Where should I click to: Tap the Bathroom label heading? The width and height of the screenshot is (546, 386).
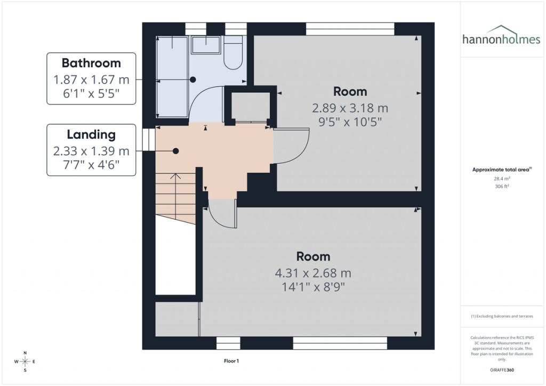(91, 63)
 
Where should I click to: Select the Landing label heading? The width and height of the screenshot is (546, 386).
(91, 134)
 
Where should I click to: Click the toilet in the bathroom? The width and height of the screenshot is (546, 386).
(234, 53)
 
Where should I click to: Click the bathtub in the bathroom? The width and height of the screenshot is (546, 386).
(172, 77)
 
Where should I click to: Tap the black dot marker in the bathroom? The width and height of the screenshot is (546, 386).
(193, 79)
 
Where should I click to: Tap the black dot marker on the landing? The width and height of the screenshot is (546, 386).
(175, 151)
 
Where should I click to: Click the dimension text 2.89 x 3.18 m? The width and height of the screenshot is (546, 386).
(350, 108)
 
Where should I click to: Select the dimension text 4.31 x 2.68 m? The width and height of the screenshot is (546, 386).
(313, 274)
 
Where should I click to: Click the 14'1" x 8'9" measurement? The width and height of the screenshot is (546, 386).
(313, 288)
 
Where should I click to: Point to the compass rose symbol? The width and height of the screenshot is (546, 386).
(25, 362)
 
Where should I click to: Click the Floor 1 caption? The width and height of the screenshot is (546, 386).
(231, 361)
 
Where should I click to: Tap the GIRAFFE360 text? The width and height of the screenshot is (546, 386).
(501, 369)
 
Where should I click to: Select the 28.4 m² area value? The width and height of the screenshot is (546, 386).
(501, 179)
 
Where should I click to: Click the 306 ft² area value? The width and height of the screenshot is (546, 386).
(501, 187)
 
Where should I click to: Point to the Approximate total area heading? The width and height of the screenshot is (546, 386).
(501, 170)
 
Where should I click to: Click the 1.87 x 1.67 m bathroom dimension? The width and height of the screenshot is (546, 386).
(91, 79)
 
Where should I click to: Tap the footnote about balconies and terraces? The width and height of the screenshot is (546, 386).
(501, 316)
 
